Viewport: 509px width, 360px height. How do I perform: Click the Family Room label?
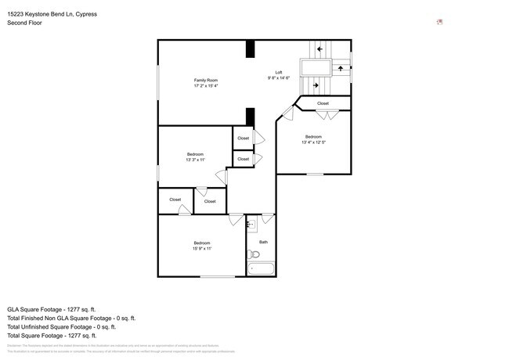(206, 81)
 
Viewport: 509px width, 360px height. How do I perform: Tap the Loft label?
(278, 73)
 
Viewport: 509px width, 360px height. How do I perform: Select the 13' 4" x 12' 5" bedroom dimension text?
(312, 142)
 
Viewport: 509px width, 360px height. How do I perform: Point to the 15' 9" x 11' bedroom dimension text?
(201, 248)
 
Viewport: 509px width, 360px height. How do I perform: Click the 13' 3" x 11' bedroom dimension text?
(195, 160)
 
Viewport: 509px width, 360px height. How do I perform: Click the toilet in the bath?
(254, 254)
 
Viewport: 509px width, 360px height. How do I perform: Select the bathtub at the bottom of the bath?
(261, 270)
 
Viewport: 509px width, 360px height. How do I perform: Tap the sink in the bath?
(251, 225)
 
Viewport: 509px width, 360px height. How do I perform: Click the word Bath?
(263, 242)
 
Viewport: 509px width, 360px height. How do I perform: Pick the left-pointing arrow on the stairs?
(319, 49)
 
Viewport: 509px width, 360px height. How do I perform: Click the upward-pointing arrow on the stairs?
(341, 68)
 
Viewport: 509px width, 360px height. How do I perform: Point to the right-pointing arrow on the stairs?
(316, 85)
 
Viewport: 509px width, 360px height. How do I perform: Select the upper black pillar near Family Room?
(250, 49)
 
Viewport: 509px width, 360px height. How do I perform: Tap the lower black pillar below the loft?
(250, 117)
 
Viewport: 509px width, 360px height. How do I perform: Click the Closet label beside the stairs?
(323, 103)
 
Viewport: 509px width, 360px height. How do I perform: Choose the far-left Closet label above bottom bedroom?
(175, 200)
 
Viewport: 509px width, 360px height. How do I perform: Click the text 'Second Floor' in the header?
(25, 23)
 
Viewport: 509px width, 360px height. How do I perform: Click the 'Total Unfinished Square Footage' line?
(70, 328)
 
